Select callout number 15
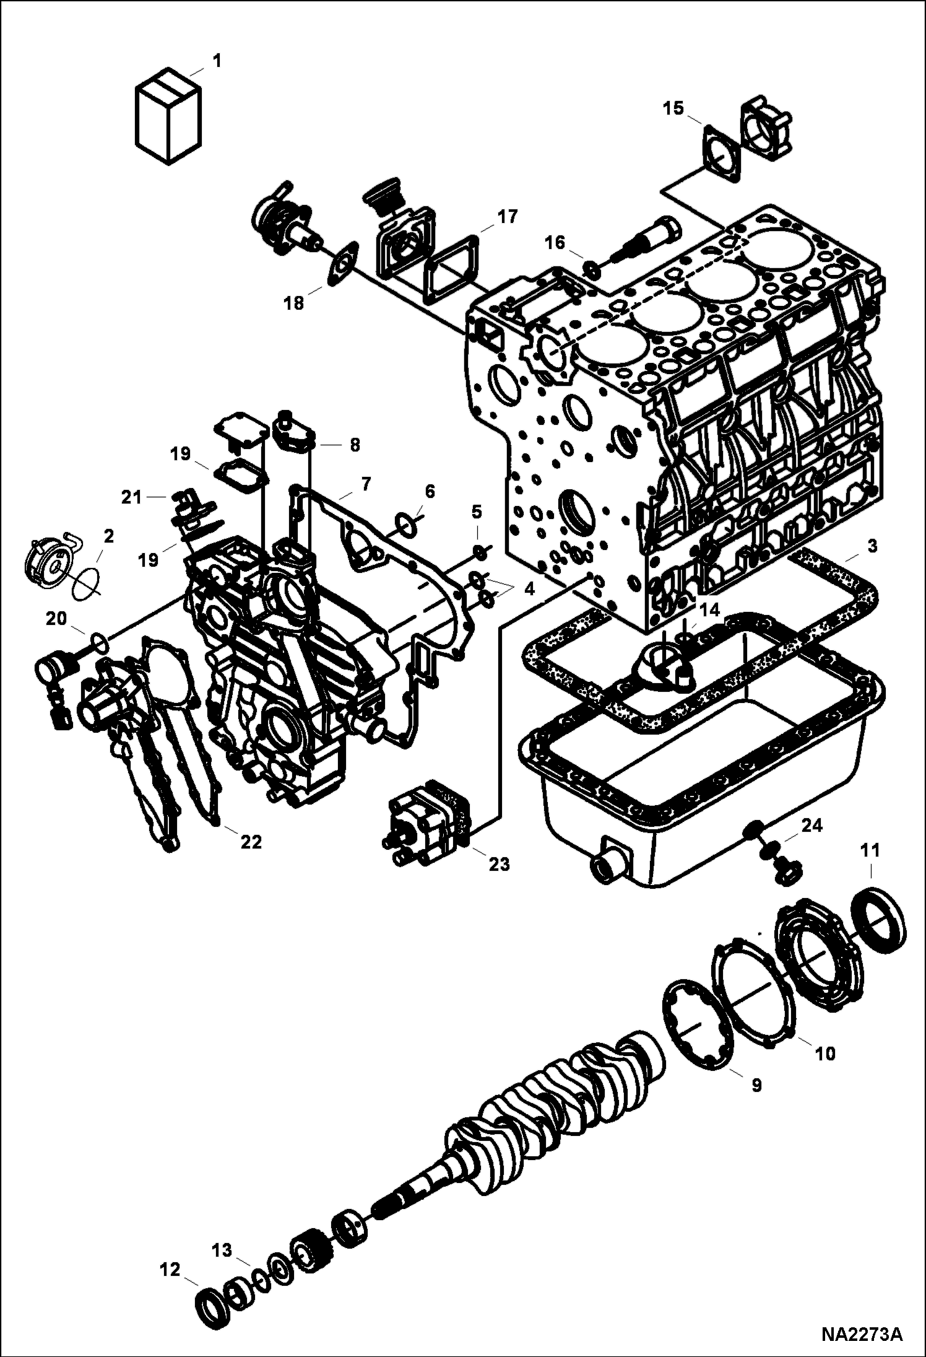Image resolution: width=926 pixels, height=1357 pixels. click(673, 109)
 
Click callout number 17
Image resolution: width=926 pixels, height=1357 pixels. click(508, 216)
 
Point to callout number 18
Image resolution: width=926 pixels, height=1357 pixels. click(294, 303)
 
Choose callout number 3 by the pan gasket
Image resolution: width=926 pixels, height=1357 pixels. click(872, 547)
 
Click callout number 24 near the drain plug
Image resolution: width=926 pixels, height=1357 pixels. click(811, 826)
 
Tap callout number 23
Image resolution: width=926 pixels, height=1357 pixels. click(499, 864)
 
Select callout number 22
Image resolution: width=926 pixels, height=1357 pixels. click(251, 842)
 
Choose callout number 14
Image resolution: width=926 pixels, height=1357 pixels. click(709, 610)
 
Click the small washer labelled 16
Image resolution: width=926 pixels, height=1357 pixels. click(591, 269)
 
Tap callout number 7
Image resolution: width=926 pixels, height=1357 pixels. click(365, 483)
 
